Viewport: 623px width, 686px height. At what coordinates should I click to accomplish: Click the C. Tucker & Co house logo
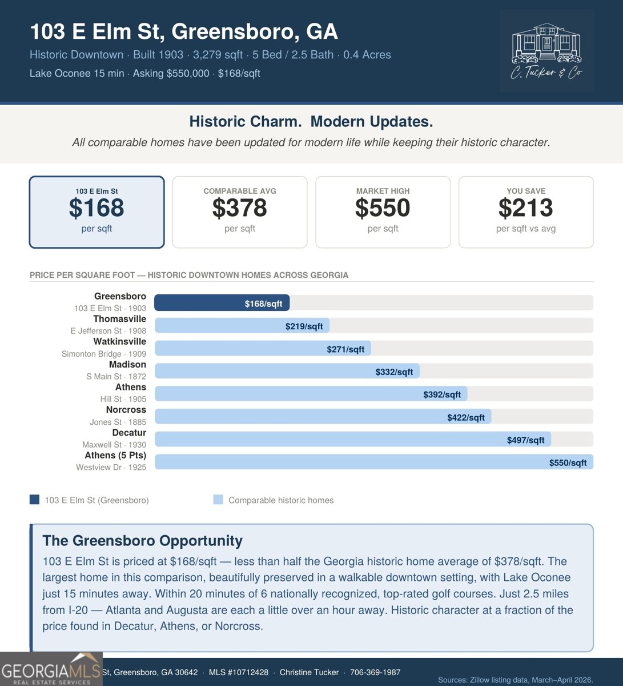pos(546,51)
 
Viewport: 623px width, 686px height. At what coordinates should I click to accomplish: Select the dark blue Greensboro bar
pos(222,303)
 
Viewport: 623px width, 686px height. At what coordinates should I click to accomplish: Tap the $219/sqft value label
pos(304,326)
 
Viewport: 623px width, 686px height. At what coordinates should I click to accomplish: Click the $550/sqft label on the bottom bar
pos(568,462)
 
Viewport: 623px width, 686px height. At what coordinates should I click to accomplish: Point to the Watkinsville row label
pos(119,342)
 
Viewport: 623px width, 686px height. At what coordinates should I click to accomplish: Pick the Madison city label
pos(127,365)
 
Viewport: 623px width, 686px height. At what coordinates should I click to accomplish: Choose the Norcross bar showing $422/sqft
pos(323,417)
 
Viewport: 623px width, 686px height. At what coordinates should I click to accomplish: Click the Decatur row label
pos(129,433)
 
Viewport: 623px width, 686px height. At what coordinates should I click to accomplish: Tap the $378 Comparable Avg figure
pos(239,208)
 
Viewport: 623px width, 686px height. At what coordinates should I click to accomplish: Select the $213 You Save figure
pos(525,208)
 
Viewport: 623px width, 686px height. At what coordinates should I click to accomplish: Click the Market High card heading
pos(383,191)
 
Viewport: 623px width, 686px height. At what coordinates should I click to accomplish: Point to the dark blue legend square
pos(35,500)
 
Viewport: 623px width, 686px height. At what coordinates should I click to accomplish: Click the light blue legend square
pos(218,500)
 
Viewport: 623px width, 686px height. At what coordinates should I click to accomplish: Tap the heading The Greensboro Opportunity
pos(143,541)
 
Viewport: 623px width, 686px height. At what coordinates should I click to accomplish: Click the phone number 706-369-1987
pos(375,672)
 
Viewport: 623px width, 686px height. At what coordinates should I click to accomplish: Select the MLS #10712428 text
pos(239,672)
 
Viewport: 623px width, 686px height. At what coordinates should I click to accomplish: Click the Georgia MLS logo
pos(51,669)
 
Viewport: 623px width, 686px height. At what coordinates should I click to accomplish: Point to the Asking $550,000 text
pos(171,73)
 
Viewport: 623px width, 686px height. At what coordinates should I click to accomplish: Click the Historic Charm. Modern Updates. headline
pos(311,122)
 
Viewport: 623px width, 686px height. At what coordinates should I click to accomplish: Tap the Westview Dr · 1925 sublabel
pos(111,467)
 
